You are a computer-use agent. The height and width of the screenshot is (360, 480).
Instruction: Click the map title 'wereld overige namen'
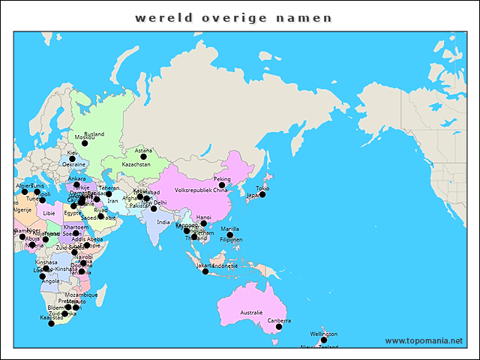point(234,16)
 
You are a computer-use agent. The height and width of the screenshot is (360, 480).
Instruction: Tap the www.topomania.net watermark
point(424,340)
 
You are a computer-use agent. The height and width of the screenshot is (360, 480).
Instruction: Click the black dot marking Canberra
point(279,327)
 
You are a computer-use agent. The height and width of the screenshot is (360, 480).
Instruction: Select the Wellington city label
point(324,334)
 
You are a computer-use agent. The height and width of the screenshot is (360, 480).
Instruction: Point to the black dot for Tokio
point(262,194)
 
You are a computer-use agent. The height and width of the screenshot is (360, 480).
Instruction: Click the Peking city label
point(222,179)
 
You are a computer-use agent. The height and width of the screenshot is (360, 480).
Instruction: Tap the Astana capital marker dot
point(143,157)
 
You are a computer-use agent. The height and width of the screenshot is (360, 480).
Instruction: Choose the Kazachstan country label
point(136,164)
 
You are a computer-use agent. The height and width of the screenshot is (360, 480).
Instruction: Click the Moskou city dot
point(85,143)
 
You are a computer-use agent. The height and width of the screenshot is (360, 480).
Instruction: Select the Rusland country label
point(94,134)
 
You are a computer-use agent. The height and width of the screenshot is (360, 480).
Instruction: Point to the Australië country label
point(251,312)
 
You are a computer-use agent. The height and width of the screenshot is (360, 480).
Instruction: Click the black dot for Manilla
point(230,235)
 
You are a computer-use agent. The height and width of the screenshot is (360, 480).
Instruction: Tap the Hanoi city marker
point(203,223)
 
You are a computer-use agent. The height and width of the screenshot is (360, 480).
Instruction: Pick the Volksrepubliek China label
point(201,190)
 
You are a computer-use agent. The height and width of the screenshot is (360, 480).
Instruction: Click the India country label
point(163,222)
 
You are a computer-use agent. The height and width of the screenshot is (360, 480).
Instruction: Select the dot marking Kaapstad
point(52,323)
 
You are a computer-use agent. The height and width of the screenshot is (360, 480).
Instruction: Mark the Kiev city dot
point(72,159)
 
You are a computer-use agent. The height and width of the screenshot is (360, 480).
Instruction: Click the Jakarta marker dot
point(205,271)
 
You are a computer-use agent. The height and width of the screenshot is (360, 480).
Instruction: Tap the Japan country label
point(254,195)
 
